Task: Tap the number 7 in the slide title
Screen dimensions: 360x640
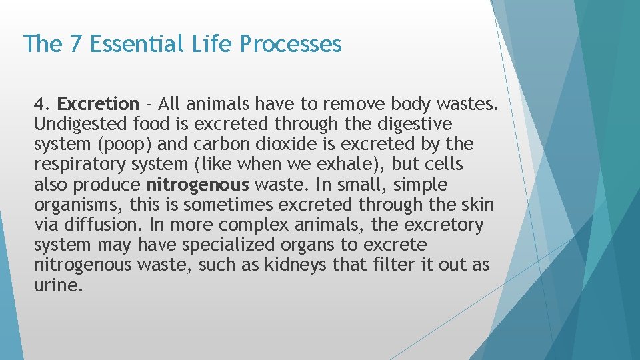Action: [x=75, y=44]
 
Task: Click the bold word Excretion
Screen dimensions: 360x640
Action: [x=98, y=104]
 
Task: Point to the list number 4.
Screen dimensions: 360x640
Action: [x=41, y=104]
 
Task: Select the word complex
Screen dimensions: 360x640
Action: [x=249, y=225]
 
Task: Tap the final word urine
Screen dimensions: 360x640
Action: [x=58, y=285]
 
